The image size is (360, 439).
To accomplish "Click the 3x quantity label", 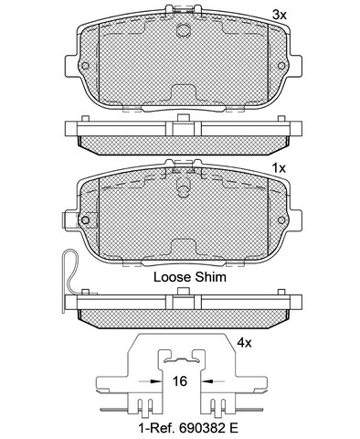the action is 280,15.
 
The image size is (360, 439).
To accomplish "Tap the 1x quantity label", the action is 279,167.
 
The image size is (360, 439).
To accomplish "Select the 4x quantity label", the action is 244,343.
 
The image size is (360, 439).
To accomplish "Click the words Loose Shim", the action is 190,277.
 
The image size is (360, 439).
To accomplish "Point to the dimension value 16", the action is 180,381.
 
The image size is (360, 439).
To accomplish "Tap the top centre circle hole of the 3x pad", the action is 183,30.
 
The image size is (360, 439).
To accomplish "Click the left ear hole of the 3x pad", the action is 85,66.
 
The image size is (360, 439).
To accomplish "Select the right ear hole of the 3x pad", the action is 281,66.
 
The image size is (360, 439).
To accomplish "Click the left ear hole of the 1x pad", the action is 85,219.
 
